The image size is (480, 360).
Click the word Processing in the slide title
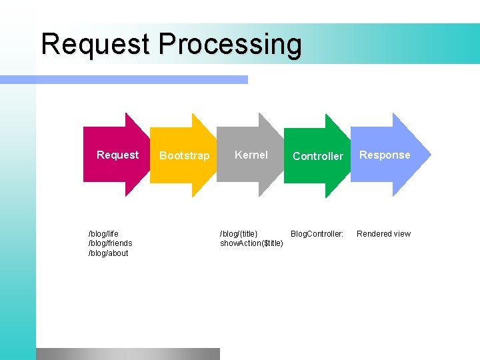pyautogui.click(x=230, y=45)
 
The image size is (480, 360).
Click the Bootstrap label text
pyautogui.click(x=184, y=156)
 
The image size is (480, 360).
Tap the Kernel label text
pyautogui.click(x=251, y=155)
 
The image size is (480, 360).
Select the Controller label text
pyautogui.click(x=318, y=156)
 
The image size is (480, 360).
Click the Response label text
pyautogui.click(x=385, y=155)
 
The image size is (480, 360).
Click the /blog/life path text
pyautogui.click(x=103, y=234)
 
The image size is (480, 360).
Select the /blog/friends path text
pyautogui.click(x=110, y=243)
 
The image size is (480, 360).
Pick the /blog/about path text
pyautogui.click(x=108, y=253)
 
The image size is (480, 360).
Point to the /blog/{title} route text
pyautogui.click(x=239, y=234)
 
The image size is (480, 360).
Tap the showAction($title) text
pyautogui.click(x=251, y=243)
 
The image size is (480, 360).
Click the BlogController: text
pyautogui.click(x=317, y=234)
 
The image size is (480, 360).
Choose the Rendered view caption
pyautogui.click(x=383, y=234)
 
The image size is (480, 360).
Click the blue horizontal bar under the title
pyautogui.click(x=123, y=79)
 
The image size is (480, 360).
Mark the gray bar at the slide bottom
pyautogui.click(x=127, y=353)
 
